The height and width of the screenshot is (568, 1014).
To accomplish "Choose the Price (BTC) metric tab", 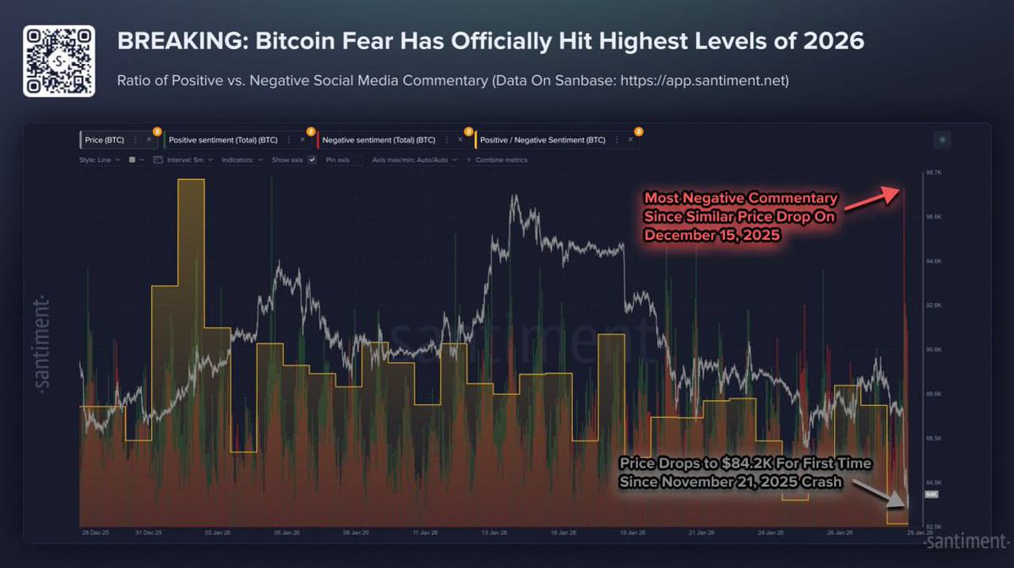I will click(104, 139).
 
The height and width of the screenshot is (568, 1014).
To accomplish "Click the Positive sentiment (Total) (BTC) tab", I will click(224, 139).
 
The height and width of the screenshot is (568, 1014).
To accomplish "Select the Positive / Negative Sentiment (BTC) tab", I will click(542, 139).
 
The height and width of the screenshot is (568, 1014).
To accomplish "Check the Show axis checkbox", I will click(312, 160).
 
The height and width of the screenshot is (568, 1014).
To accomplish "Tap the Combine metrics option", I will click(501, 160).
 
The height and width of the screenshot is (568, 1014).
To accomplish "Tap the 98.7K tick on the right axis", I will click(933, 172).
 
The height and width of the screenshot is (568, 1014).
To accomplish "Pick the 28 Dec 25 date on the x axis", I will click(95, 533).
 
